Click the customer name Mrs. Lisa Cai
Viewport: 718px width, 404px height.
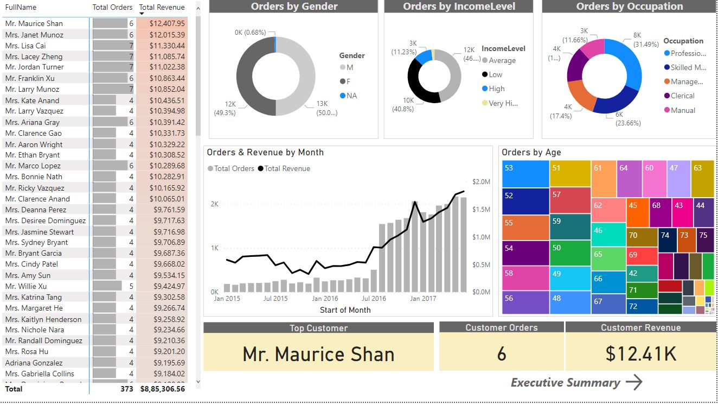(x=25, y=46)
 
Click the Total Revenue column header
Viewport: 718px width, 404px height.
(x=162, y=7)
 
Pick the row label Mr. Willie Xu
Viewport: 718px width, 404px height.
(x=26, y=286)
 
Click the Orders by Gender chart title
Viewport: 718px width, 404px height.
(x=294, y=7)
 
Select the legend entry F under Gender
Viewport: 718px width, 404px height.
(x=343, y=81)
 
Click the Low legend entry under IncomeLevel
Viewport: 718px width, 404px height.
(x=495, y=74)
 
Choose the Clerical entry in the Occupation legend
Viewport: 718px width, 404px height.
(x=682, y=96)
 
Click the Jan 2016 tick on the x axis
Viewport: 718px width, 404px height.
(x=325, y=298)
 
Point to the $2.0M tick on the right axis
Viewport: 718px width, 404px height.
(x=482, y=181)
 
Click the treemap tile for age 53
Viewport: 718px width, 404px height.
(x=525, y=174)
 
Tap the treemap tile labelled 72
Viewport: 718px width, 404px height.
(x=642, y=306)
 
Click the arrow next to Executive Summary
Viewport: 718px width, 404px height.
(x=634, y=382)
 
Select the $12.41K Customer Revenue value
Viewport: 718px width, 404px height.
(x=640, y=354)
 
